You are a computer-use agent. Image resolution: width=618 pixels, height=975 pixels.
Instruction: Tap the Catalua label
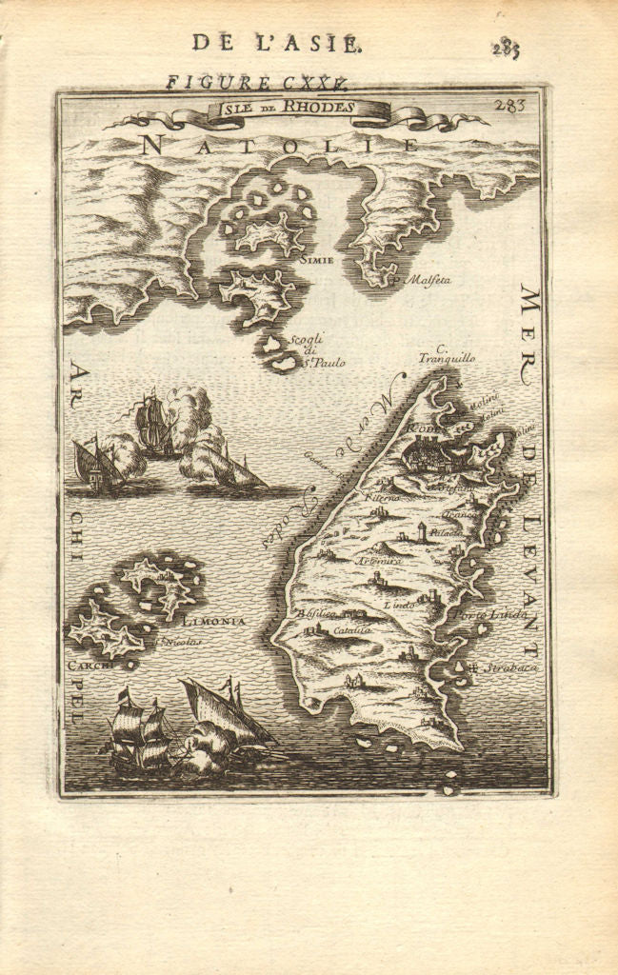[x=350, y=629]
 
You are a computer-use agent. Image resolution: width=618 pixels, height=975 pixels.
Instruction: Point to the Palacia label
[x=445, y=532]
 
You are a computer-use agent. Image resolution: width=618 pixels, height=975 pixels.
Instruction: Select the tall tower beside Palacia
[x=419, y=531]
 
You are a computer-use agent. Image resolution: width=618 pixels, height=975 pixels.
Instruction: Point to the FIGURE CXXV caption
[x=256, y=82]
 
